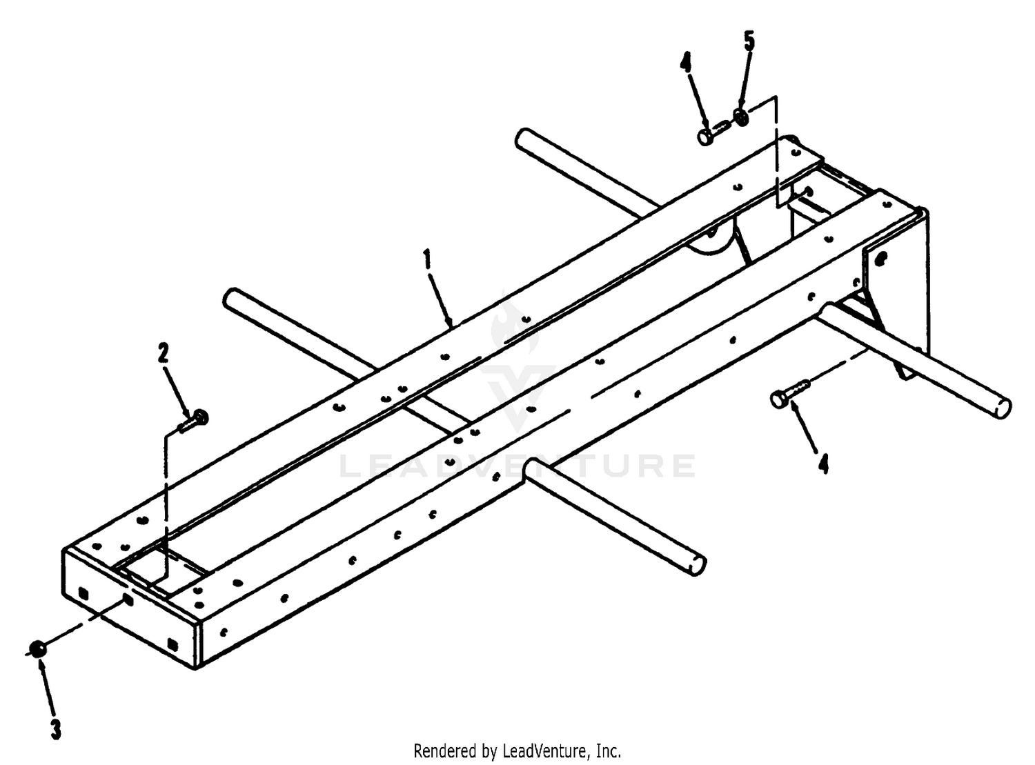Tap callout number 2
pos(163,352)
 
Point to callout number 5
pos(749,42)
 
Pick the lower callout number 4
pos(824,465)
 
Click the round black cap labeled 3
pos(37,649)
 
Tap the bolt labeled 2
pos(193,421)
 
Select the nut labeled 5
pos(740,117)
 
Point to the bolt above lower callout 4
pos(790,395)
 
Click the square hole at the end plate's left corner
pos(83,593)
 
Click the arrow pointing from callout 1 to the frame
pos(440,299)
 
